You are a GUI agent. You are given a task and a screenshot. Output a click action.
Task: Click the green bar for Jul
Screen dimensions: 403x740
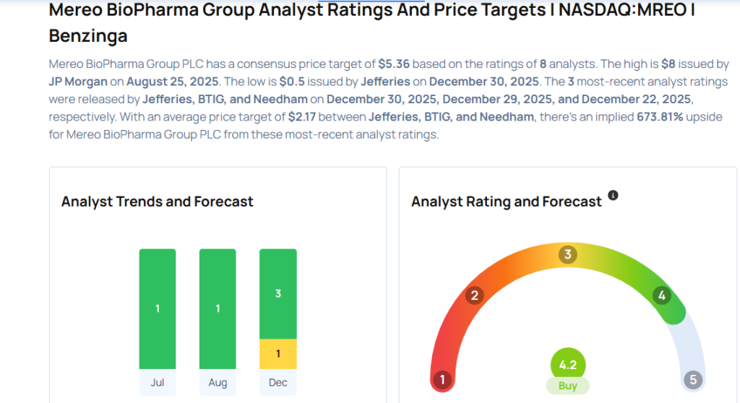pyautogui.click(x=158, y=308)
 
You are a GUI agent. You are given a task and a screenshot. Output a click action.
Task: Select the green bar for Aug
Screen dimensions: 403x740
pyautogui.click(x=218, y=308)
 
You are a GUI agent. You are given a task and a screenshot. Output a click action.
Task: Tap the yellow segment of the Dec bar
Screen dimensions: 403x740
pyautogui.click(x=278, y=354)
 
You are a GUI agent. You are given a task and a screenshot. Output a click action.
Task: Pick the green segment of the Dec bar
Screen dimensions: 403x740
pyautogui.click(x=278, y=293)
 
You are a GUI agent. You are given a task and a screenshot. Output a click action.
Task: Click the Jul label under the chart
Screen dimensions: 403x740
pyautogui.click(x=158, y=381)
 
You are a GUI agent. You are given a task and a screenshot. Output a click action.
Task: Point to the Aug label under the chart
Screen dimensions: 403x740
pyautogui.click(x=218, y=381)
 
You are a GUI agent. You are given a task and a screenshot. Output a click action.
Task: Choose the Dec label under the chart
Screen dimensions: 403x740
pyautogui.click(x=278, y=381)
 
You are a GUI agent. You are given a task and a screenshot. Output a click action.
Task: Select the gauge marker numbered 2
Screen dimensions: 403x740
pyautogui.click(x=475, y=295)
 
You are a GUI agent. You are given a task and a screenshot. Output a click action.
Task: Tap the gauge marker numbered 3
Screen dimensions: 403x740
pyautogui.click(x=568, y=254)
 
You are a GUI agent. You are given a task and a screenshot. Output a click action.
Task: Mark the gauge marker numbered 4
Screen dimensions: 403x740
pyautogui.click(x=661, y=295)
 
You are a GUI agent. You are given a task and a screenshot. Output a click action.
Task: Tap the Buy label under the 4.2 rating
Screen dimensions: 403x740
pyautogui.click(x=568, y=386)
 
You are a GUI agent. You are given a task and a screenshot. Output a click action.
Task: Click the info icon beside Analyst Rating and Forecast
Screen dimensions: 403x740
pyautogui.click(x=613, y=196)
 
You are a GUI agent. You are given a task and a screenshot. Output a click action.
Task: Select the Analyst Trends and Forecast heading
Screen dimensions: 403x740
pyautogui.click(x=158, y=201)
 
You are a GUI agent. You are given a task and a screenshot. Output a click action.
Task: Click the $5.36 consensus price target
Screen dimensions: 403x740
pyautogui.click(x=395, y=64)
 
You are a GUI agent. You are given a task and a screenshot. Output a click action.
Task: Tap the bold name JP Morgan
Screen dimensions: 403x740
pyautogui.click(x=78, y=82)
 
